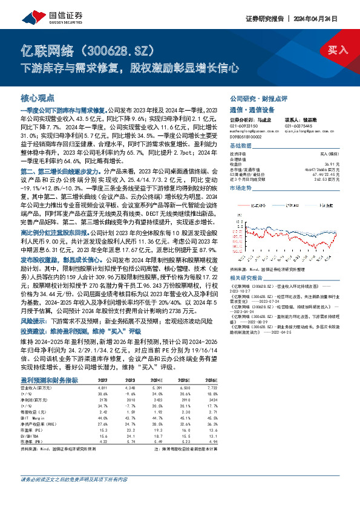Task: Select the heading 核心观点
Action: (38, 97)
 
